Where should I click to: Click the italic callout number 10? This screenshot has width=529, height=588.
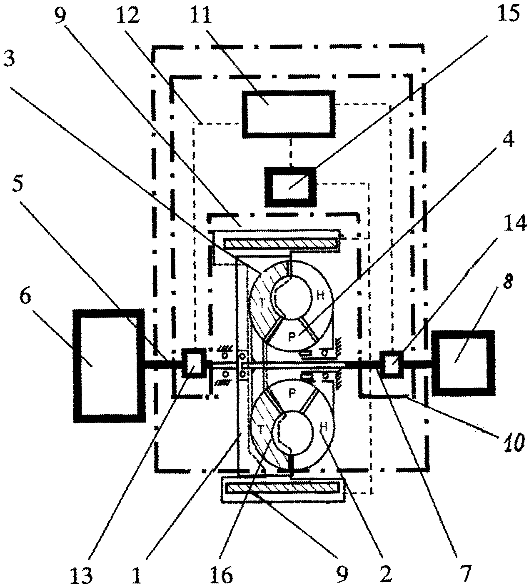tap(512, 443)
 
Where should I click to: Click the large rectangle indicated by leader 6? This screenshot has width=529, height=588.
tap(109, 362)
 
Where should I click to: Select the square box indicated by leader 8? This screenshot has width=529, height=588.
tap(463, 363)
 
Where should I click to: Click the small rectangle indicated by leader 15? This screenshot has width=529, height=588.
tap(290, 186)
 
